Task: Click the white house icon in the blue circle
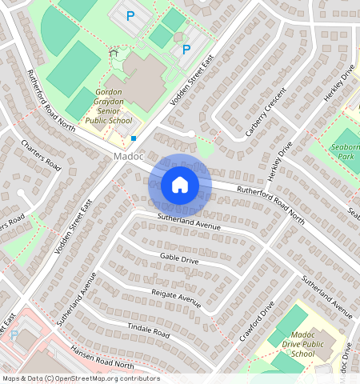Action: [x=180, y=185]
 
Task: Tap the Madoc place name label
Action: [x=128, y=156]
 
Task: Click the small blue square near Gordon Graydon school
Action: [x=134, y=138]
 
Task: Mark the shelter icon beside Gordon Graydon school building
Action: [x=114, y=53]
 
